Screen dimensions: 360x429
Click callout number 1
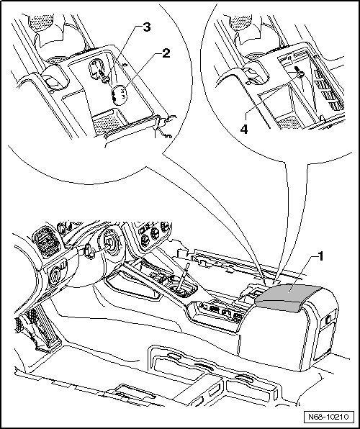click(320, 257)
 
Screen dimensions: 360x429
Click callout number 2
click(166, 53)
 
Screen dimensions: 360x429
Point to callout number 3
click(147, 27)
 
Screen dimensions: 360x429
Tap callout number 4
click(244, 129)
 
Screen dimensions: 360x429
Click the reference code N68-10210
click(328, 417)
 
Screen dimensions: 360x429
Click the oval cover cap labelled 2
click(119, 95)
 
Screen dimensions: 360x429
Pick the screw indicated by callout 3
click(104, 76)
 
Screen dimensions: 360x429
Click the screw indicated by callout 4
click(300, 72)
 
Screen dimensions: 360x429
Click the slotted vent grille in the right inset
click(328, 90)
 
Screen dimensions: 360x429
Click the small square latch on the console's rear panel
click(328, 318)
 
